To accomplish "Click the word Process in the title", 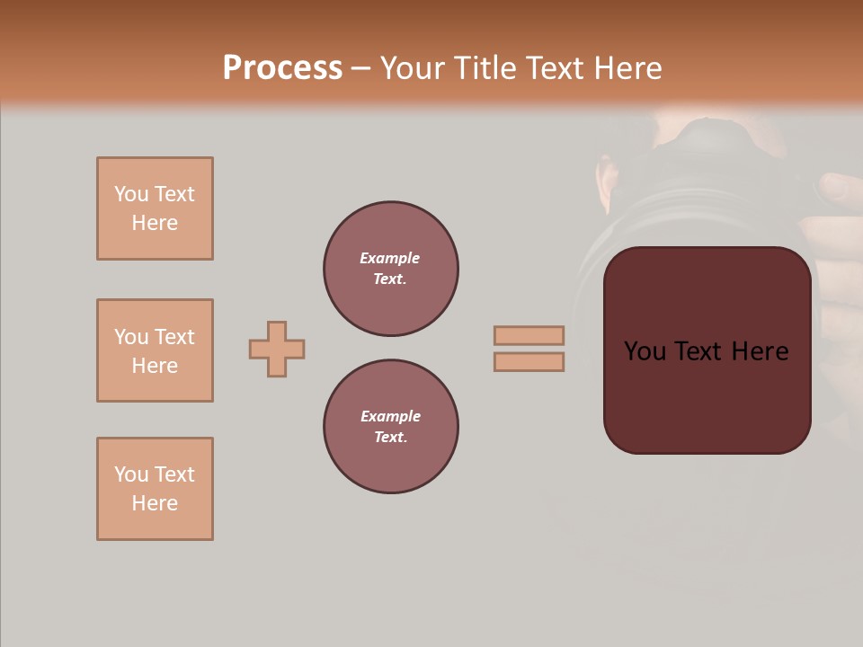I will [282, 68].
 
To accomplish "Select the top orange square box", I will [155, 208].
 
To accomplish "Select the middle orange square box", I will [155, 350].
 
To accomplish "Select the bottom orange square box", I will [155, 489].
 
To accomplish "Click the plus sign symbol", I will [277, 349].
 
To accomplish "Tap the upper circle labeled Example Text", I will [391, 269].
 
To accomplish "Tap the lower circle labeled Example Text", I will [391, 427].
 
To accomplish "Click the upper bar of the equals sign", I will [529, 335].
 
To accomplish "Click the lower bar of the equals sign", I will [529, 361].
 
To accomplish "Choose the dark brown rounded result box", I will [707, 395].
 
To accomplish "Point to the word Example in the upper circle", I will [389, 258].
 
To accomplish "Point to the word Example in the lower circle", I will [390, 416].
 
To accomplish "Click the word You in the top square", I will [131, 194].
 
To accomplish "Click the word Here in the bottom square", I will [155, 503].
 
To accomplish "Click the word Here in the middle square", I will [155, 366].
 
